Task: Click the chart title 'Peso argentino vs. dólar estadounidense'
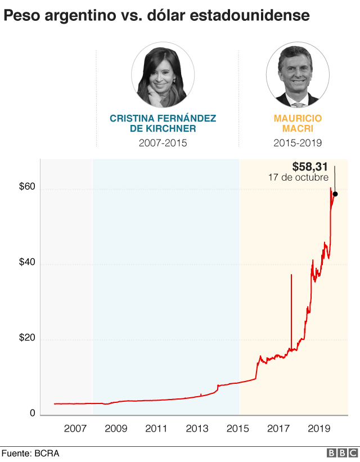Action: click(x=157, y=16)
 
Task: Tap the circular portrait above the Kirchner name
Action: click(x=163, y=77)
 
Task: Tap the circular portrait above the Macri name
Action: click(x=298, y=77)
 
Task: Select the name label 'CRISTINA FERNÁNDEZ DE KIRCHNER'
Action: click(x=163, y=123)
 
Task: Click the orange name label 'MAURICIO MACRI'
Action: click(x=298, y=123)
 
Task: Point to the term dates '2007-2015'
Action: click(x=163, y=143)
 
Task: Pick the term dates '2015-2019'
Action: click(x=298, y=143)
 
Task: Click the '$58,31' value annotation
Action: click(x=310, y=167)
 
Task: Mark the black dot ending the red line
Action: click(x=335, y=194)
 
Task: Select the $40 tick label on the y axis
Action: click(x=28, y=262)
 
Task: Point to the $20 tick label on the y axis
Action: click(x=28, y=338)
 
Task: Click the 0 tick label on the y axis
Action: click(x=33, y=413)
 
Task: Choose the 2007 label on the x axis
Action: click(x=75, y=429)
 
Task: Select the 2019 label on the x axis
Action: click(x=319, y=429)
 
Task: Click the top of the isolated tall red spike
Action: click(x=291, y=275)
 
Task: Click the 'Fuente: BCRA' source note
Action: click(x=30, y=454)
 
